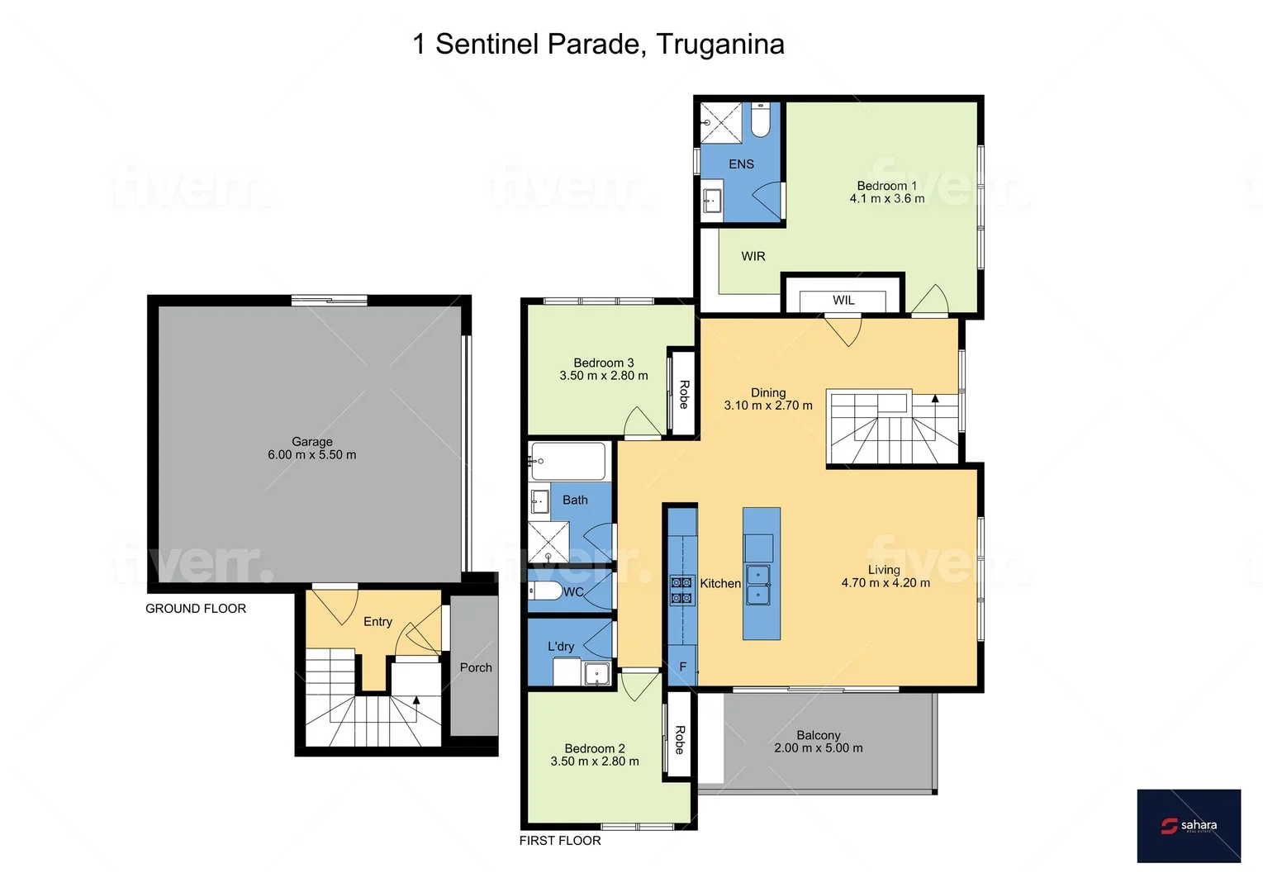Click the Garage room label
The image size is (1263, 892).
click(311, 442)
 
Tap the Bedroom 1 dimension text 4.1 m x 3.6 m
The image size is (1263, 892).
click(887, 199)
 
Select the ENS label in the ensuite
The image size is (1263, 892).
click(741, 164)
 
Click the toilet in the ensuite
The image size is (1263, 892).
click(760, 121)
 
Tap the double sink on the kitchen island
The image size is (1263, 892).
click(758, 584)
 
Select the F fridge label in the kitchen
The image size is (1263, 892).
click(682, 667)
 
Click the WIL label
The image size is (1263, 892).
click(843, 301)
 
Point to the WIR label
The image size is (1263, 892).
click(753, 257)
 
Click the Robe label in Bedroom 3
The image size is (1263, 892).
click(684, 394)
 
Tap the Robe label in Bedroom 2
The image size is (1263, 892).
click(680, 739)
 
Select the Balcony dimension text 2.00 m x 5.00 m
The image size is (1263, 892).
click(818, 748)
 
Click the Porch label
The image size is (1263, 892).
click(476, 667)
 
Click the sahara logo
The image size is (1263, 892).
click(1189, 825)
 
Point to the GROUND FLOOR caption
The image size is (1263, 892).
click(196, 609)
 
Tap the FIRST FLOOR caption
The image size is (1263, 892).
click(560, 841)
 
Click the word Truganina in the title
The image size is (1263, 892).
click(720, 44)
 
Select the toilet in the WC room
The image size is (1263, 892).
click(546, 591)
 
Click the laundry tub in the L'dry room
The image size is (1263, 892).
click(596, 673)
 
